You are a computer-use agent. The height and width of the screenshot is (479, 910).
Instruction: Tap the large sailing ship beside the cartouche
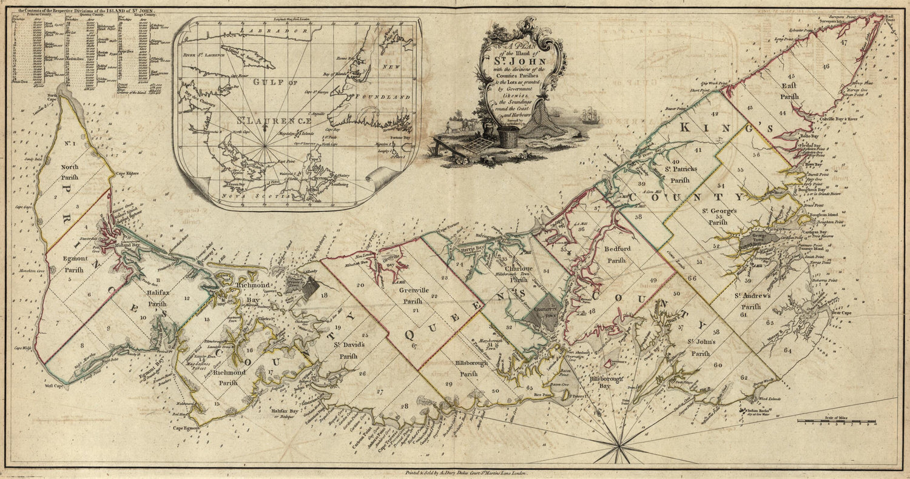point(588,115)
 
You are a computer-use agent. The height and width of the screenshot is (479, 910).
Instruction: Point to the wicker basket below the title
point(509,135)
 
